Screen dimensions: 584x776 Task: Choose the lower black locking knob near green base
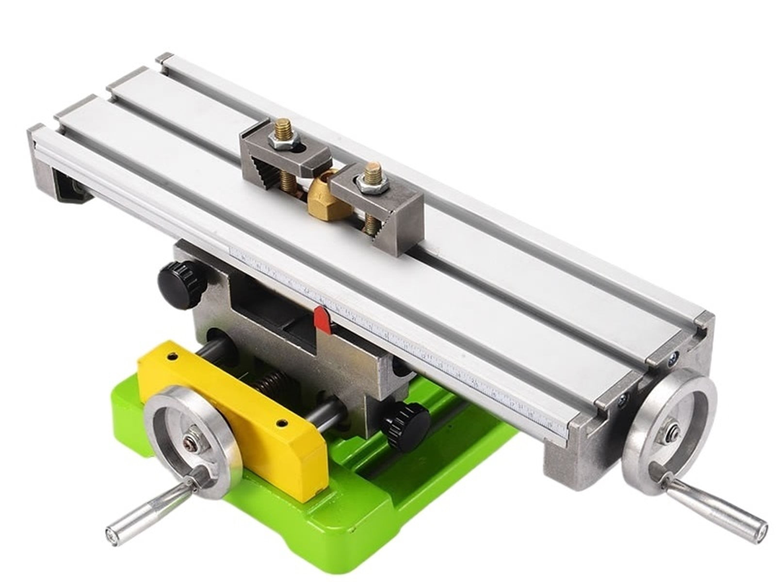404,424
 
